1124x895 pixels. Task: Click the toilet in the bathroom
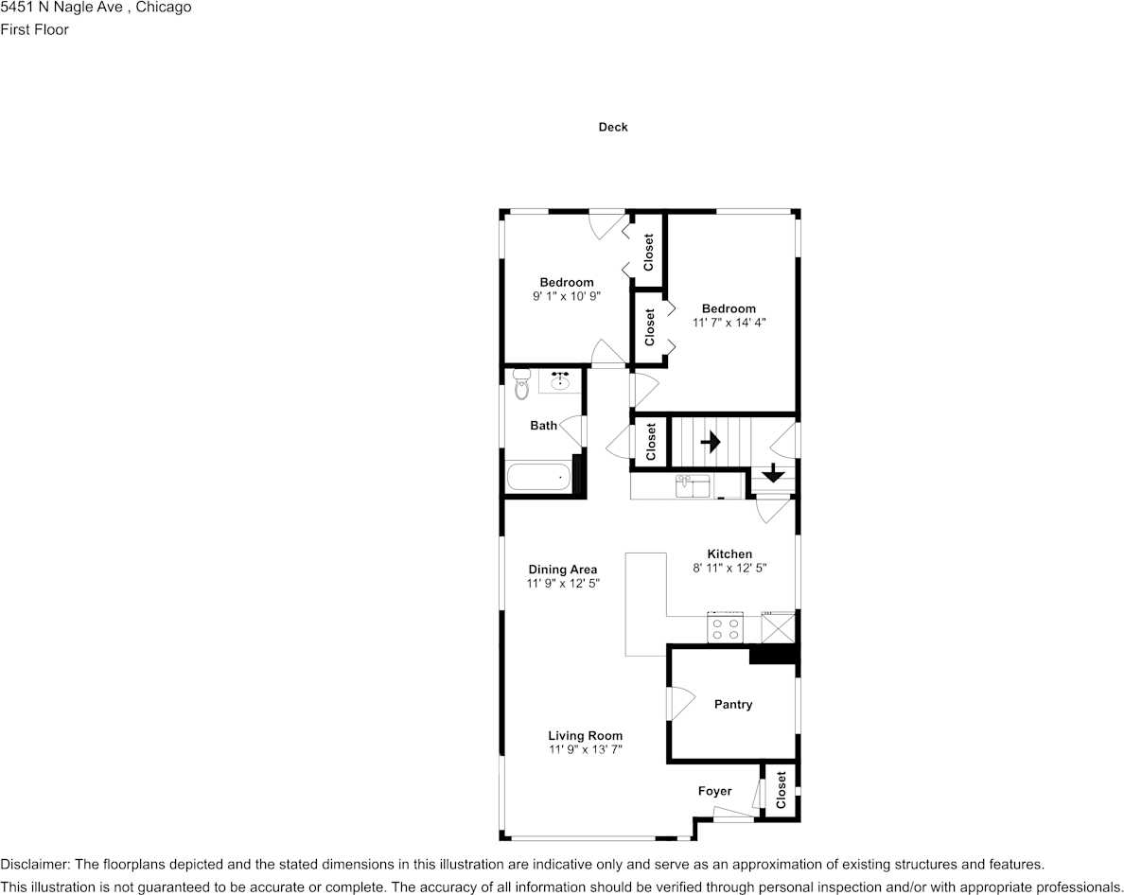521,385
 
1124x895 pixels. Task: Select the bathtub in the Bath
540,476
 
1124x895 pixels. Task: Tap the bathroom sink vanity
560,380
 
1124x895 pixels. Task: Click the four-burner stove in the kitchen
726,628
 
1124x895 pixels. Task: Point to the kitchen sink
694,485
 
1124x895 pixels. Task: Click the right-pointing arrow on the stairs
710,442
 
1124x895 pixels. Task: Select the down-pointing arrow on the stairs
773,473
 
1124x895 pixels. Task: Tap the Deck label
613,127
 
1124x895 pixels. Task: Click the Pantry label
733,704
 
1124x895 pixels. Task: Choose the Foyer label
714,791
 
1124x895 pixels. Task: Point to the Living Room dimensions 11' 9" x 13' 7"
586,749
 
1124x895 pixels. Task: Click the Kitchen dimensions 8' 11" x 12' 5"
729,569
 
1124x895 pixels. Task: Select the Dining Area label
563,570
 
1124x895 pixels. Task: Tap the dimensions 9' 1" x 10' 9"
567,296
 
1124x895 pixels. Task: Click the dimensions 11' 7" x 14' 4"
729,323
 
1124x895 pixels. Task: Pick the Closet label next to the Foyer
781,791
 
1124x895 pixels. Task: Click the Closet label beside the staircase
651,442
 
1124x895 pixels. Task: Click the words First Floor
35,29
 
